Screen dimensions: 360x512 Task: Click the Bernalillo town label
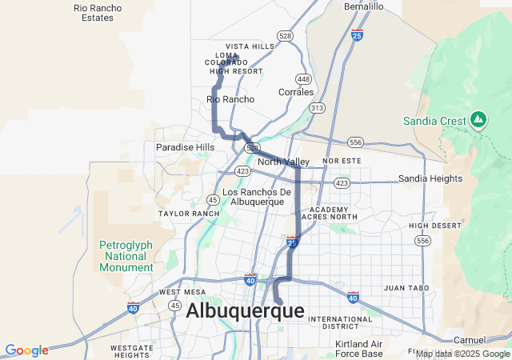click(x=364, y=6)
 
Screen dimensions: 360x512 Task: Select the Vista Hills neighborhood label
click(x=250, y=46)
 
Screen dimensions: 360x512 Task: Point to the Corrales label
click(x=295, y=92)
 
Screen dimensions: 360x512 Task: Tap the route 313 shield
click(x=318, y=107)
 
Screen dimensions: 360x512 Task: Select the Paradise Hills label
click(x=185, y=147)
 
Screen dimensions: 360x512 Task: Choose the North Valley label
click(x=283, y=162)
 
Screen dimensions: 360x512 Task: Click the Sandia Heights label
click(x=430, y=178)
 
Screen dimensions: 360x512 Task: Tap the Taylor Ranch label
click(x=189, y=214)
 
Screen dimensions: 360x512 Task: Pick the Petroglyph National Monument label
click(x=124, y=256)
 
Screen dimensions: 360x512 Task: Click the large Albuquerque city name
click(x=245, y=311)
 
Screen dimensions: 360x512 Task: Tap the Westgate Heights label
click(x=132, y=351)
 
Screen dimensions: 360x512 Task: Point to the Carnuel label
click(x=469, y=340)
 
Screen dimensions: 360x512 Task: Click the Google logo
click(x=26, y=350)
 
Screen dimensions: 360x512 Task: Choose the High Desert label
click(x=435, y=226)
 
